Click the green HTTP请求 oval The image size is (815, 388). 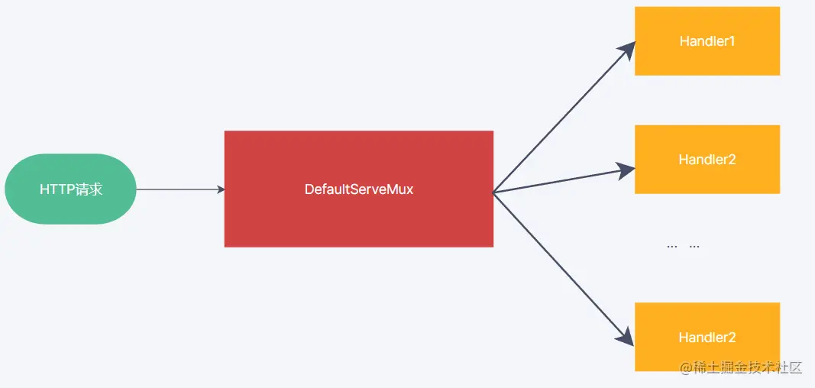(70, 189)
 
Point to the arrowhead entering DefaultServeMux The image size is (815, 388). (220, 189)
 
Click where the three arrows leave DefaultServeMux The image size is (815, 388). (495, 192)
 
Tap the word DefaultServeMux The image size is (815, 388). (358, 189)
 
